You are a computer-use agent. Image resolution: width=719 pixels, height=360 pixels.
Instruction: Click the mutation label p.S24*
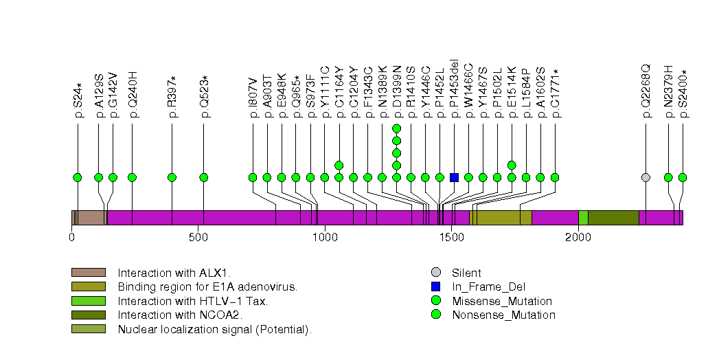pos(78,101)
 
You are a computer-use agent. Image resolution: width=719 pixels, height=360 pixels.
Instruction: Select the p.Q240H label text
pos(133,95)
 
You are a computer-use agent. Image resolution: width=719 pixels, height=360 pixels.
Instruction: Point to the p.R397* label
pos(172,97)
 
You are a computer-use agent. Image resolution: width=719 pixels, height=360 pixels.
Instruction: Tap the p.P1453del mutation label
pos(454,89)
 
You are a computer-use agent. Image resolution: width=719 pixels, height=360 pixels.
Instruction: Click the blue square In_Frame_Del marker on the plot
pos(454,177)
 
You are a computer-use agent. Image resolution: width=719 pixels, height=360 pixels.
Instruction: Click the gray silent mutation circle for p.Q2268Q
pos(646,177)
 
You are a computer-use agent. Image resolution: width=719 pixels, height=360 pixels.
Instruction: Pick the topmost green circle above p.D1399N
pos(396,128)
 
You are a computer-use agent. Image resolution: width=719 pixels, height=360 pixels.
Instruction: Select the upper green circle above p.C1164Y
pos(339,165)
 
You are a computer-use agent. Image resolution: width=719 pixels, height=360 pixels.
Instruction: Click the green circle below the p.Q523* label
pos(204,177)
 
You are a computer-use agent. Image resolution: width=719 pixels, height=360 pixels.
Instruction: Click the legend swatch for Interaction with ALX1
pos(89,273)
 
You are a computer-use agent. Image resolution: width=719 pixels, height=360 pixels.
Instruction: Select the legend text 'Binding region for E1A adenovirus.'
pos(207,286)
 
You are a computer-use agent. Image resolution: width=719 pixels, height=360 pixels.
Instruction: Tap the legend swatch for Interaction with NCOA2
pos(89,315)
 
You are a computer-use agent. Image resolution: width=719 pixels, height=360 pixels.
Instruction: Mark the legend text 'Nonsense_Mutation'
pos(503,315)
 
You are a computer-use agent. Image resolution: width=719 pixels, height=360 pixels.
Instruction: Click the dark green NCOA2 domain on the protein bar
pos(613,218)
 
